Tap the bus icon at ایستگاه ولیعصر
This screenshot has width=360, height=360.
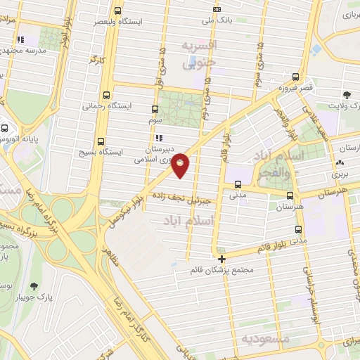coord(117,11)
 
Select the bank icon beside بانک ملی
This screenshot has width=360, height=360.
coord(216,9)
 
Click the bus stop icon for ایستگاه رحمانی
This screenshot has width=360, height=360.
coord(107,94)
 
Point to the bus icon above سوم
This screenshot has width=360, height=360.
coord(155,109)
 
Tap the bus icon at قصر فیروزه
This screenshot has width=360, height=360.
coord(296,78)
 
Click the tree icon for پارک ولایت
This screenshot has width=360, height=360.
coord(347,94)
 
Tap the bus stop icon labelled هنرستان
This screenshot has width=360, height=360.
coord(289,195)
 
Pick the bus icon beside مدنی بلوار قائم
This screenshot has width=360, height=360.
coord(298,229)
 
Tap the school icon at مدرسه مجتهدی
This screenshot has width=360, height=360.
coord(20,39)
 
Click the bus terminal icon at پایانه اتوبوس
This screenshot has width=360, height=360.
coord(5,129)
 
